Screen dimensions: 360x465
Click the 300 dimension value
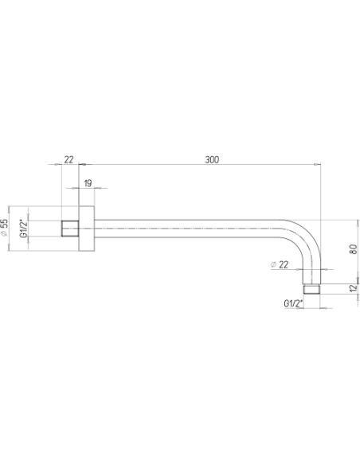[x=212, y=159]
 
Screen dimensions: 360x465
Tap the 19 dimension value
[x=88, y=183]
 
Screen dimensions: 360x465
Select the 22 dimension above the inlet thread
[x=68, y=159]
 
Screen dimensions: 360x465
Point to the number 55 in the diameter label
[x=4, y=224]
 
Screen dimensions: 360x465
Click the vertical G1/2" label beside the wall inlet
[x=23, y=229]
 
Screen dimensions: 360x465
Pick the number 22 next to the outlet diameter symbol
[x=284, y=264]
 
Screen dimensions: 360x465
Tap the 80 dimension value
[x=353, y=248]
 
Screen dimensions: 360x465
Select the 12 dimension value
[x=353, y=288]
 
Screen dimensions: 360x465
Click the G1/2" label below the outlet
[x=293, y=303]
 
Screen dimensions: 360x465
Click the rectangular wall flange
[x=87, y=229]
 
